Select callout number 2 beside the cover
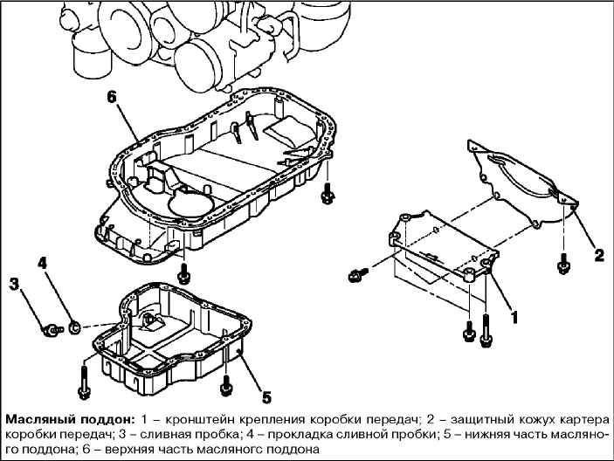pos(598,255)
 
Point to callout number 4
pos(42,262)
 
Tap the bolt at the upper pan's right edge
pos(328,194)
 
